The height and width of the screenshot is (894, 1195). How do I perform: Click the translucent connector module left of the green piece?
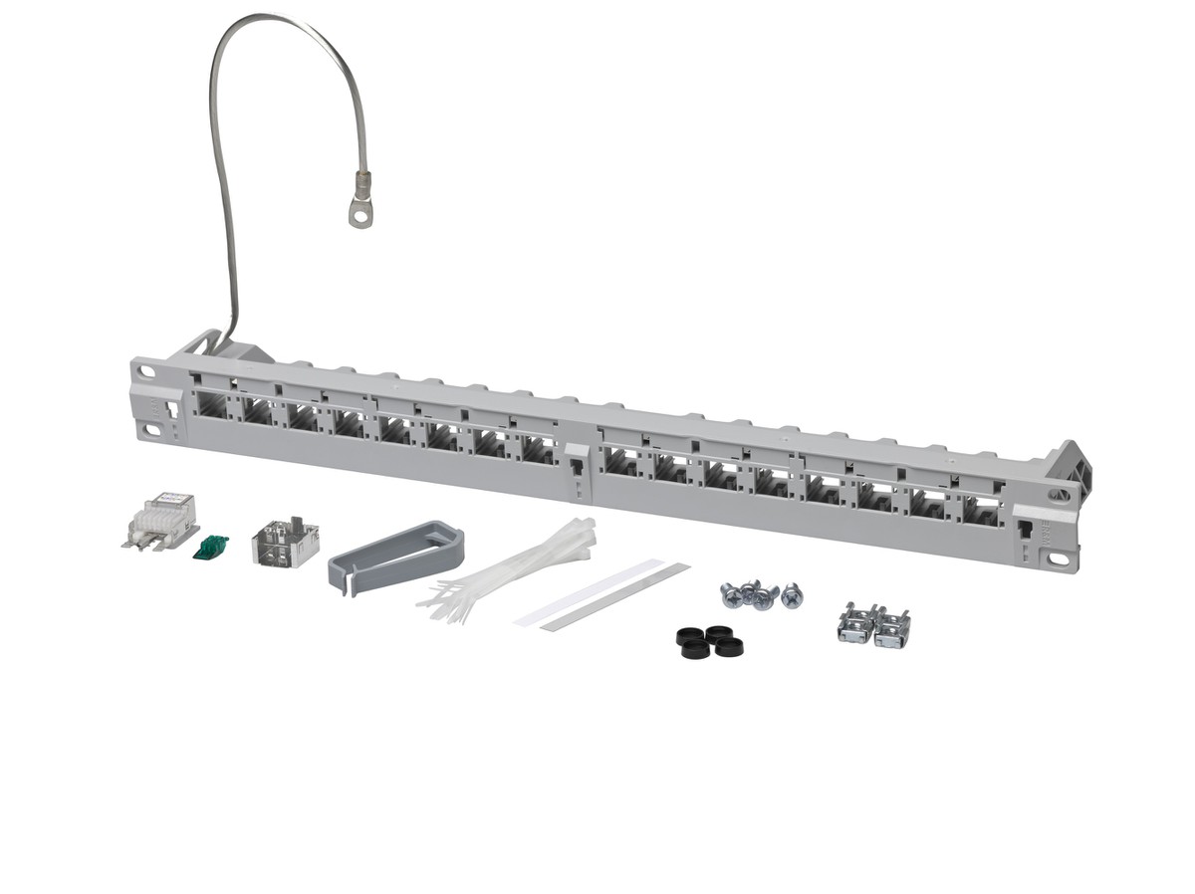158,522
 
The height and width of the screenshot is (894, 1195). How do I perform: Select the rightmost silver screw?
792,595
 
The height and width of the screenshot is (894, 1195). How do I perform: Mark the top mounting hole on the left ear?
147,371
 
